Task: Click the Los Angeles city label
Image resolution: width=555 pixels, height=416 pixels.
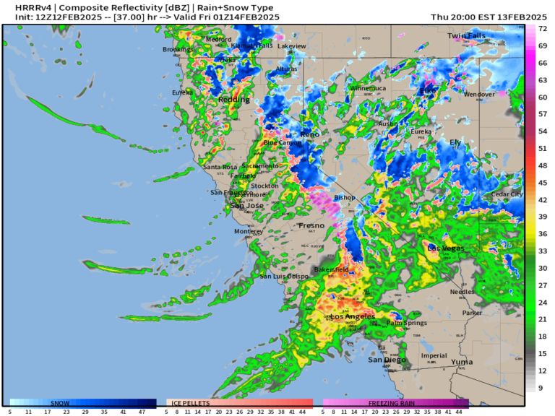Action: coord(352,317)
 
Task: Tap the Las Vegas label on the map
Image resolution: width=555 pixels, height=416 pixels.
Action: coord(446,248)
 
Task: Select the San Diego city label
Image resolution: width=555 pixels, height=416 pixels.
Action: coord(387,360)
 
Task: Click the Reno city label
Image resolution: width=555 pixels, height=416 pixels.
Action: coord(310,135)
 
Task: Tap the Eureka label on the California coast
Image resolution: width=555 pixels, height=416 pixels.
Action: coord(182,92)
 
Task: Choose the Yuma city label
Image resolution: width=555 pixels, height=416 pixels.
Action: coord(462,361)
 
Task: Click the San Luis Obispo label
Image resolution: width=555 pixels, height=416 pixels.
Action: coord(285,277)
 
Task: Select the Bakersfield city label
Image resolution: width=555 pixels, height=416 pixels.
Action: coord(331,269)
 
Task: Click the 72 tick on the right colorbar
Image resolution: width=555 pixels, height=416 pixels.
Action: coord(541,28)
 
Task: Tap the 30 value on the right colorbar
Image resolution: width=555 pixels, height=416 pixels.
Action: coord(541,268)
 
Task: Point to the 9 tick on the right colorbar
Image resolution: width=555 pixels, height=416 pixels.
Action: coord(541,388)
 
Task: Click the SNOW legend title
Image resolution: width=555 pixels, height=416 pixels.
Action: coord(61,402)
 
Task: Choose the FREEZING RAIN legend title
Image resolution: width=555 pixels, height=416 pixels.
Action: coord(391,402)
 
